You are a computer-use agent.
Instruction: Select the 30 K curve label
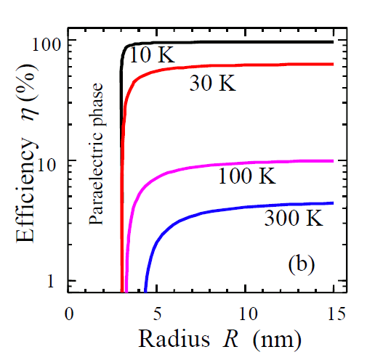click(x=212, y=83)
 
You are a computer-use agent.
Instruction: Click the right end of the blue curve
click(x=333, y=203)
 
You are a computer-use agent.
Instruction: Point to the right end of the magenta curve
click(x=333, y=161)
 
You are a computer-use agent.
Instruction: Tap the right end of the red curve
click(x=333, y=64)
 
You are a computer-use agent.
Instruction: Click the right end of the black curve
click(x=333, y=42)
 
